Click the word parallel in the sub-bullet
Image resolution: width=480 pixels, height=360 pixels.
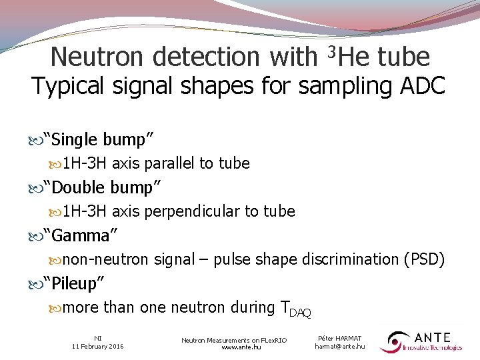click(170, 163)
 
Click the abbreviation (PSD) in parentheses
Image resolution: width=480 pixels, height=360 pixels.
click(424, 259)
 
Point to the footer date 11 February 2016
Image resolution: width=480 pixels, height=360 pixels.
click(97, 346)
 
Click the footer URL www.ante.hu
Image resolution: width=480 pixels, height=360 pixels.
click(234, 347)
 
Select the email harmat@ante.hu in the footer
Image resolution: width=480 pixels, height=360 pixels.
click(340, 346)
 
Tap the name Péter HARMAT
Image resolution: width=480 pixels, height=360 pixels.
click(340, 339)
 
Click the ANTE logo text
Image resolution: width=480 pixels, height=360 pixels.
click(433, 337)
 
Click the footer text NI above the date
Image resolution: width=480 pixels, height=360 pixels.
click(97, 338)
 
